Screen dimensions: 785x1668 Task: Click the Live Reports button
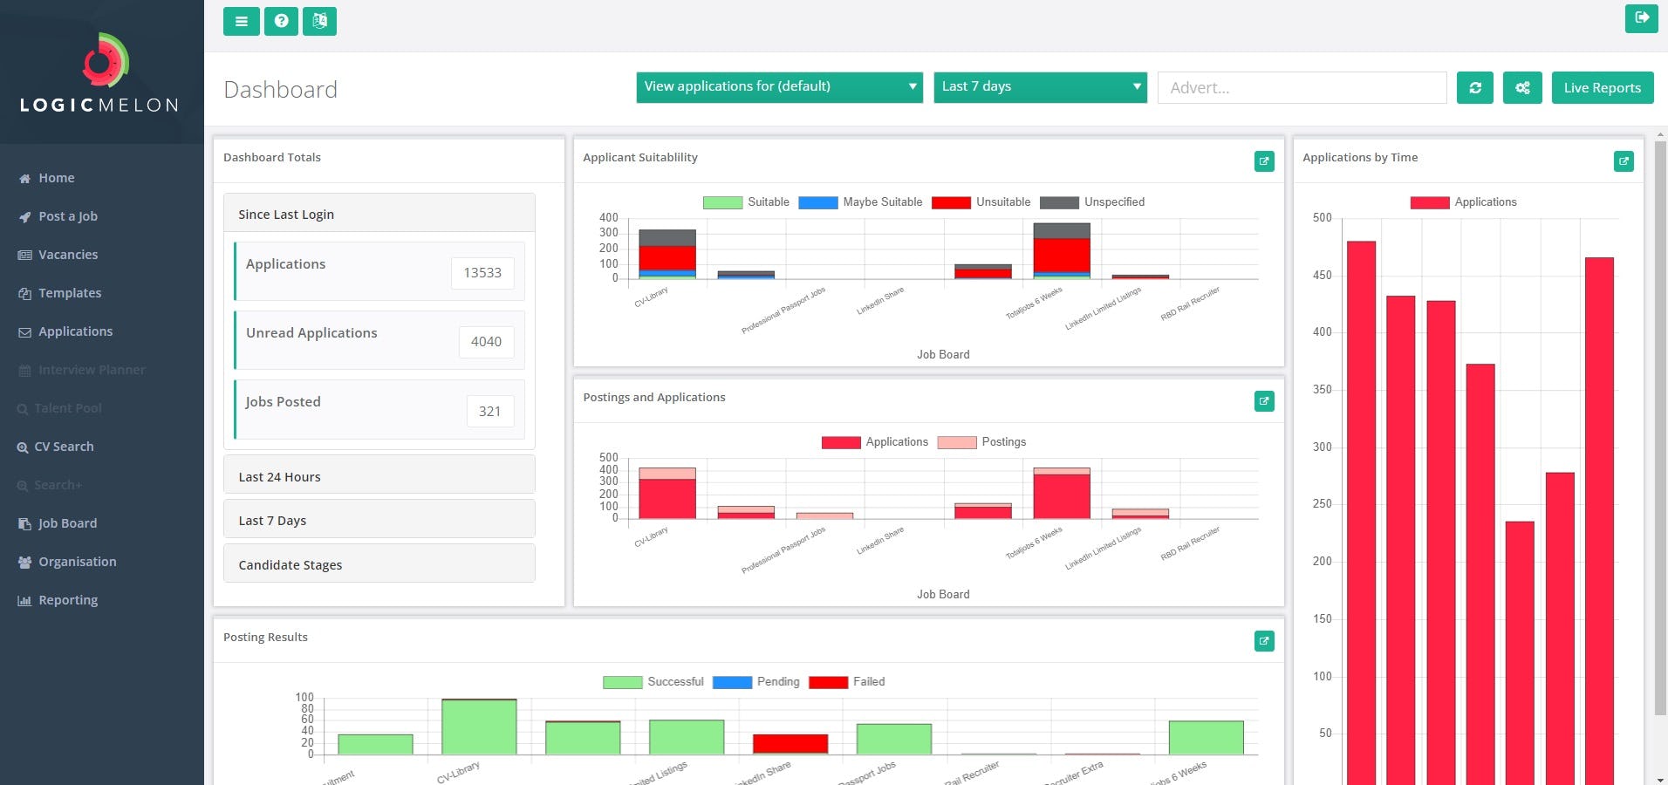[1602, 87]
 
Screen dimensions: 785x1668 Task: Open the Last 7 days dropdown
[1039, 86]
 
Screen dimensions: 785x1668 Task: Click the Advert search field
[1301, 87]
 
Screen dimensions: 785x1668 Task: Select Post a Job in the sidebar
[67, 216]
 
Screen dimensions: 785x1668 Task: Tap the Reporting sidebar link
[67, 600]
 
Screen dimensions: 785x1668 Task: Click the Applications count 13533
[482, 273]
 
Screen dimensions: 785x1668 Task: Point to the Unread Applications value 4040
[486, 342]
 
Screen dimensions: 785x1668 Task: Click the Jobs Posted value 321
[489, 411]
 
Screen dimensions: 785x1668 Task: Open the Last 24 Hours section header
[379, 476]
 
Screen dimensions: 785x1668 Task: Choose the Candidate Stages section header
[379, 564]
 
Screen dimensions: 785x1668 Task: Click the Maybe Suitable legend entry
[860, 202]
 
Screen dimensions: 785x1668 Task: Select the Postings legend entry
[981, 442]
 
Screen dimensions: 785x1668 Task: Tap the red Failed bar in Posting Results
[790, 743]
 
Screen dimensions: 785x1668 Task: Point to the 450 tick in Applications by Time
[1322, 276]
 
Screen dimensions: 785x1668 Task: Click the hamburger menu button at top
[241, 21]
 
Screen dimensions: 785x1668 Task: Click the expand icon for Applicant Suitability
[1263, 161]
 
